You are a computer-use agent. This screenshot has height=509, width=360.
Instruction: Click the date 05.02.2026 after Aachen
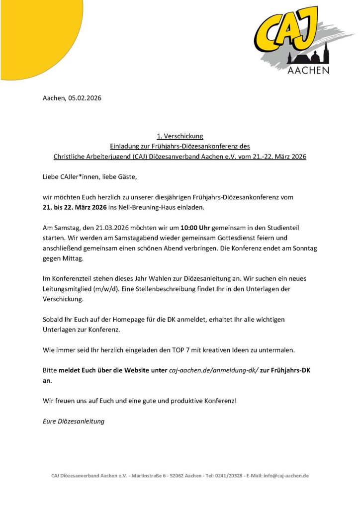(x=85, y=98)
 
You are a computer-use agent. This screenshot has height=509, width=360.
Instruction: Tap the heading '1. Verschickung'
(x=180, y=136)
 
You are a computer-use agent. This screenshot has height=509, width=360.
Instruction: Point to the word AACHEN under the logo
(x=308, y=71)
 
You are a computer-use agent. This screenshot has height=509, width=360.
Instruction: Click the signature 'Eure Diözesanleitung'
(x=74, y=421)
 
